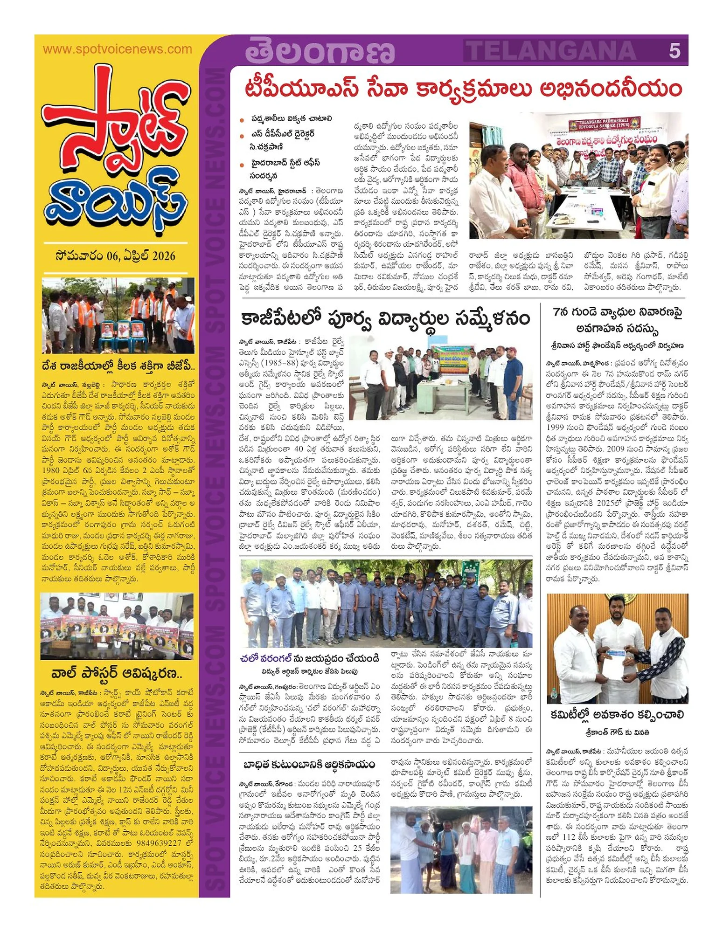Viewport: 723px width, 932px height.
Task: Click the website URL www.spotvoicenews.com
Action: coord(117,49)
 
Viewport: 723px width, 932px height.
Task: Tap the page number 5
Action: coord(674,51)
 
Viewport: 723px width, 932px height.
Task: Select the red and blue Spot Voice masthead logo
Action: coord(115,159)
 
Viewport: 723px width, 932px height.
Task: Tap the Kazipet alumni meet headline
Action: coord(385,319)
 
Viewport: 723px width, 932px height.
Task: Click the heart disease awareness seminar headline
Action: coord(617,321)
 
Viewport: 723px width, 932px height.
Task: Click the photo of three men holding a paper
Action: coord(617,648)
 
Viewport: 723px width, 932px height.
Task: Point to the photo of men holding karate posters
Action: coord(117,626)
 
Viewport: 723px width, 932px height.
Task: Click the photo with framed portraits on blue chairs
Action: coord(118,315)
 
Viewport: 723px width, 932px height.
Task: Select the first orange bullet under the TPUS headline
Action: coord(242,120)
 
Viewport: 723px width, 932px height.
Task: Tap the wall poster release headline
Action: coord(117,674)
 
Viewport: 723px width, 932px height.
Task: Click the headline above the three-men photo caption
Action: coord(617,715)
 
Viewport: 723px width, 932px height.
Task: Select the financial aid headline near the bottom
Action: coord(309,765)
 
